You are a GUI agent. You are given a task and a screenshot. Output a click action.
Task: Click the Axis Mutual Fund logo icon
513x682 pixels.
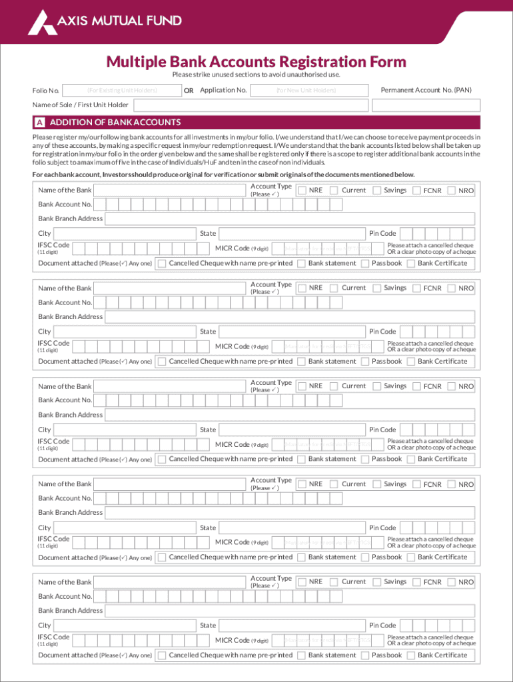click(x=38, y=22)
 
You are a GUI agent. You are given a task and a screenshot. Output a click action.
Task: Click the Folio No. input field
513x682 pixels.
click(x=121, y=91)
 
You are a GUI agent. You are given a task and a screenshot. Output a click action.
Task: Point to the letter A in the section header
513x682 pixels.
click(x=40, y=123)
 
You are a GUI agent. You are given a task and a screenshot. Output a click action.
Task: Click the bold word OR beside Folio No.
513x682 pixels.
click(x=189, y=91)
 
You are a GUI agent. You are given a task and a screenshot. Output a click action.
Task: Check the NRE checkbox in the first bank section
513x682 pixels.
click(x=302, y=190)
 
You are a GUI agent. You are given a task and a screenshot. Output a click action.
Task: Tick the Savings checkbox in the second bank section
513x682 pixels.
click(x=376, y=288)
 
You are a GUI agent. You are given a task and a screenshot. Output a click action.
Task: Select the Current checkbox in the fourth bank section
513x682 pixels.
click(x=334, y=484)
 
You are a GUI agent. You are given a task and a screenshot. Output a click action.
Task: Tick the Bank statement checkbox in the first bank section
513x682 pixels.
click(x=301, y=264)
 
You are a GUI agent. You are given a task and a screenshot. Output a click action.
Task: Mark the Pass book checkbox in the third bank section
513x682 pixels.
click(x=365, y=460)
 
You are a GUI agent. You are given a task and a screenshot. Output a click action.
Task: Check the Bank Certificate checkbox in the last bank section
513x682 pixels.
click(x=411, y=655)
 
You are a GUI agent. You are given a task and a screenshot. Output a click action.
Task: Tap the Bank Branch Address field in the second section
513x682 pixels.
click(x=290, y=317)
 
